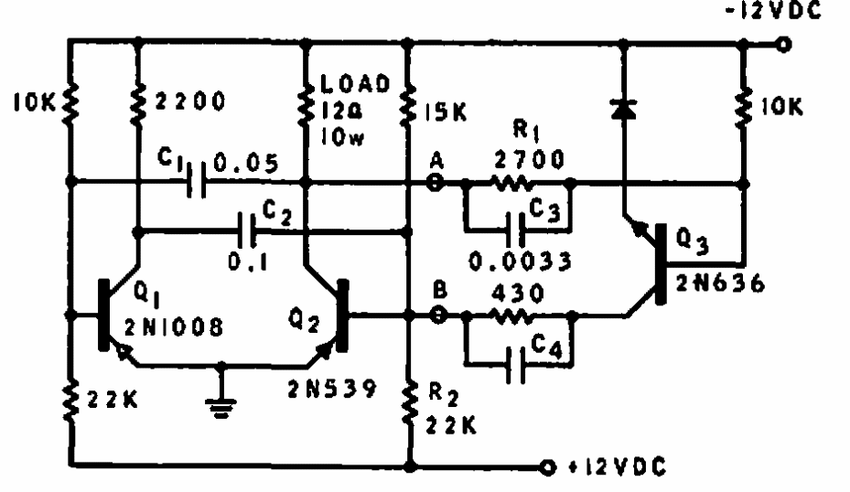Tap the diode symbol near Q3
coord(623,110)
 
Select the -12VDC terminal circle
coord(783,45)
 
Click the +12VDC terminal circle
coord(548,466)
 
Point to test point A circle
coord(435,183)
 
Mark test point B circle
coord(438,315)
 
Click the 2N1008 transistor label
coord(174,327)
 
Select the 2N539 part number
coord(332,389)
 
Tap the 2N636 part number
coord(720,283)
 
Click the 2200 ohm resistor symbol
coord(138,104)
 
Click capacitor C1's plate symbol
coord(196,180)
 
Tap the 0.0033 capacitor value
coord(520,262)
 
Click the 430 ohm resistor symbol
coord(511,316)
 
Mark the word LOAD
coord(355,83)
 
